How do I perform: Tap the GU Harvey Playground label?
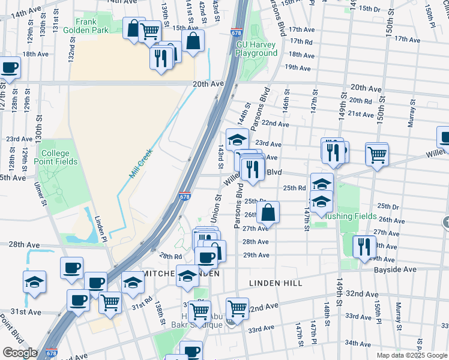point(256,49)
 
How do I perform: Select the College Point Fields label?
point(55,157)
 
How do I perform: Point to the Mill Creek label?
point(141,163)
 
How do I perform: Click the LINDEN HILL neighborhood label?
point(269,281)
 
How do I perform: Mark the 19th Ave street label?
point(297,68)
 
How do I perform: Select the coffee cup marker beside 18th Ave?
point(9,68)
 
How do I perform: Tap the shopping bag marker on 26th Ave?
point(268,212)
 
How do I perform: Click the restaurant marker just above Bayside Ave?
point(364,247)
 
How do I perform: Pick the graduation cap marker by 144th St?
point(237,140)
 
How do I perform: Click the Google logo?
point(20,353)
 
